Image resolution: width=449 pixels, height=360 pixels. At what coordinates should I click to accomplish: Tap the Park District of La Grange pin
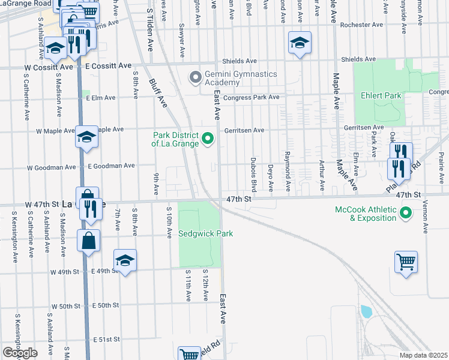pos(208,139)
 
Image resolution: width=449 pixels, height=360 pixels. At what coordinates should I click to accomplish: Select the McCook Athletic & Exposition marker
pos(405,213)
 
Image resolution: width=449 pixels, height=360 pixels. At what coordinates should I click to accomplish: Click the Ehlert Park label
pos(376,95)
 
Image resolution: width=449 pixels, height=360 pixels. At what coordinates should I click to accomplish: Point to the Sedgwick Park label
pos(205,233)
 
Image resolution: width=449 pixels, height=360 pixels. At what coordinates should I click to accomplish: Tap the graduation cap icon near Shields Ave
pos(300,43)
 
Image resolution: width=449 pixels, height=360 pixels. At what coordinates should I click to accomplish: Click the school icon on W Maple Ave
pos(86,137)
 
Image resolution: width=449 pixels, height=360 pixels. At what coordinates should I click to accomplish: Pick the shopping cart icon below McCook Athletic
pos(406,263)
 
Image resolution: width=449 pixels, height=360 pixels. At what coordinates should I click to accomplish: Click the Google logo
pos(20,353)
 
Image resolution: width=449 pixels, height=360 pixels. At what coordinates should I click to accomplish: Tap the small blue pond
pos(366,311)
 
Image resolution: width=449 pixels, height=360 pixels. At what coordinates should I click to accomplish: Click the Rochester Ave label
pos(361,26)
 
